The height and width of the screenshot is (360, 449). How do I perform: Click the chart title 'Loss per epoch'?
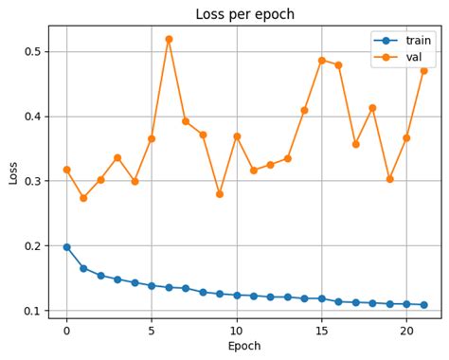(x=244, y=14)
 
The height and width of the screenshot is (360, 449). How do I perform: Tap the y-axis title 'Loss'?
(x=13, y=171)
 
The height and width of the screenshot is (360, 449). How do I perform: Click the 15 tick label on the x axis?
(x=321, y=331)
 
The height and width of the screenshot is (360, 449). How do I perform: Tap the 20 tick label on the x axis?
(x=406, y=331)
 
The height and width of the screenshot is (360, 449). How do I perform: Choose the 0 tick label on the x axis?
(x=66, y=331)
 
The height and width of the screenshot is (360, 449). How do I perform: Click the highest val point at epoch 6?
(x=169, y=39)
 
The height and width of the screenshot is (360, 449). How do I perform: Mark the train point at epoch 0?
(x=66, y=246)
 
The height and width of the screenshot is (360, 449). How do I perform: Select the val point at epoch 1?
(x=83, y=198)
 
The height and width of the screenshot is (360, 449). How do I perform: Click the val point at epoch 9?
(x=220, y=194)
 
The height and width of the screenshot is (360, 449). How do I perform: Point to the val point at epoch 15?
(x=321, y=61)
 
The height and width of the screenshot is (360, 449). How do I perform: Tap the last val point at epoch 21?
(x=423, y=70)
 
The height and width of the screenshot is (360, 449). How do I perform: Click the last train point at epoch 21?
(x=423, y=305)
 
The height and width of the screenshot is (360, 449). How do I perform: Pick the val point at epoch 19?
(x=389, y=179)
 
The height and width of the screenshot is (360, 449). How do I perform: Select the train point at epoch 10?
(x=237, y=296)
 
